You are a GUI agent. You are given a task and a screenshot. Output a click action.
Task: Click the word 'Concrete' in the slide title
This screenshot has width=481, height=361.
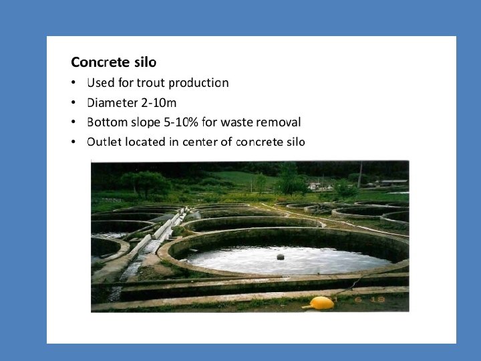[x=98, y=62]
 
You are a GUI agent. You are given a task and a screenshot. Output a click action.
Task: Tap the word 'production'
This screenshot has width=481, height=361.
[x=198, y=83]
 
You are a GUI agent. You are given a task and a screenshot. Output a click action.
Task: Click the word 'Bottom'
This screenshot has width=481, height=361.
[x=108, y=122]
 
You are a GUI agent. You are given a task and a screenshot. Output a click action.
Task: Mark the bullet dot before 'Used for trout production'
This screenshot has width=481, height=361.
[x=73, y=84]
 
